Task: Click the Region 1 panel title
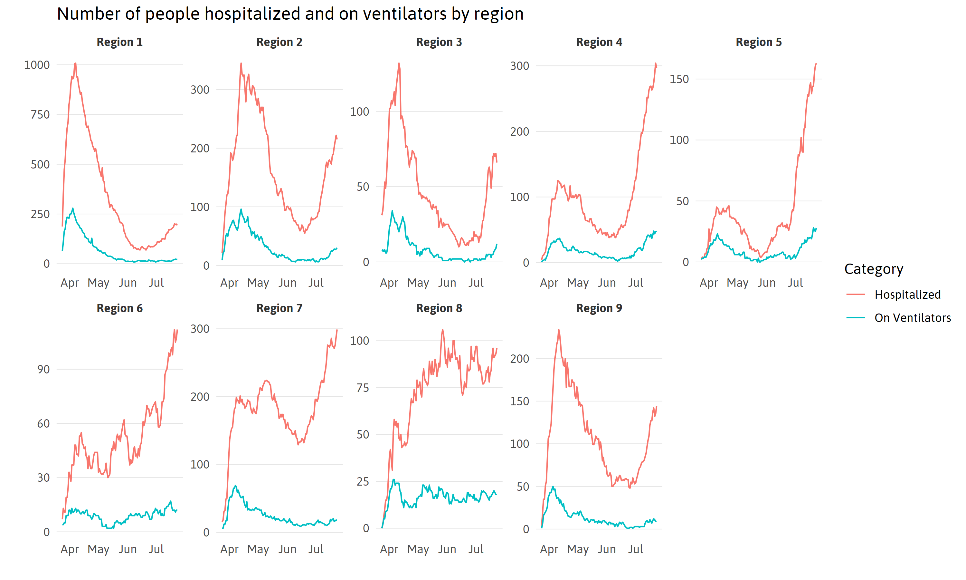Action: [x=119, y=42]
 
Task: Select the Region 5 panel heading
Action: [x=758, y=42]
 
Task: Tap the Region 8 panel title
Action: [x=439, y=308]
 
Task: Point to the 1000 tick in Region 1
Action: [x=37, y=65]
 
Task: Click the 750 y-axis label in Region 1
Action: [x=40, y=114]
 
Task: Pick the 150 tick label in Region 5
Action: [x=679, y=79]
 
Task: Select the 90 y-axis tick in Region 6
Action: [x=43, y=369]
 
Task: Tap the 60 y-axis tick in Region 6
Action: [x=43, y=423]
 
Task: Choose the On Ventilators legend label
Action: [x=913, y=318]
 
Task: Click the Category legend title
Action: [x=874, y=269]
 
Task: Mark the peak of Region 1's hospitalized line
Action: [x=75, y=63]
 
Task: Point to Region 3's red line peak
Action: [x=399, y=63]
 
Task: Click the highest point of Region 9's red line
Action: [x=559, y=330]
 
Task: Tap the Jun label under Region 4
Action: [x=607, y=283]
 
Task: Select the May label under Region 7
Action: [x=258, y=549]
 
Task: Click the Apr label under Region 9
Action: [x=549, y=549]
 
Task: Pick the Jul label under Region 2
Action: [x=316, y=283]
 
